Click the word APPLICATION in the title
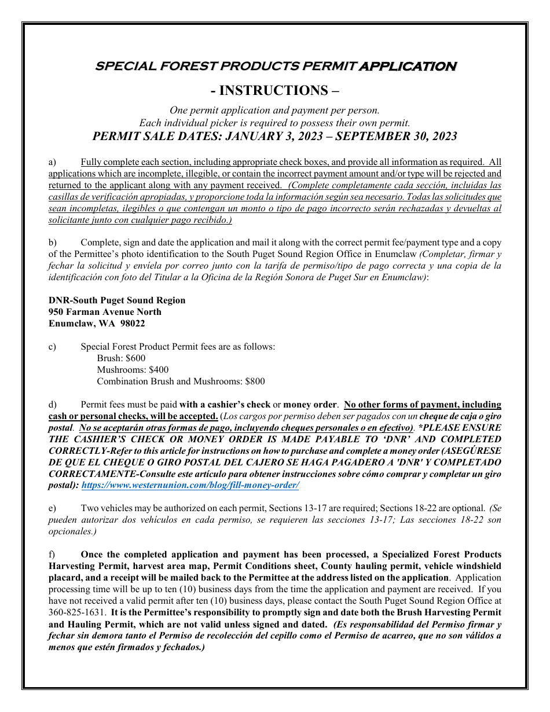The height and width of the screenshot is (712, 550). [408, 66]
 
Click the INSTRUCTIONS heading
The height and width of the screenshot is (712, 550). [275, 90]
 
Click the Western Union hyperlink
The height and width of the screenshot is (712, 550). [190, 486]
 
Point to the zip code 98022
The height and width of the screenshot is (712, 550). [133, 324]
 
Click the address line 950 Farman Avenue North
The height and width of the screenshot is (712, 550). [105, 312]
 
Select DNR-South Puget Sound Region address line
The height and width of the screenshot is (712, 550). [117, 300]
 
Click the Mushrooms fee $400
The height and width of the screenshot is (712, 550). [159, 370]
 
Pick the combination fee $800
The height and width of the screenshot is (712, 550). [255, 381]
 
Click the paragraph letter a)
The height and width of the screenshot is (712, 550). [52, 162]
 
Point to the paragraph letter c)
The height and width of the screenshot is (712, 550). [52, 347]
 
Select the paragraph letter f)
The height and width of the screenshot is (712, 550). [52, 555]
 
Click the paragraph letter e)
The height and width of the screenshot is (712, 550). [52, 508]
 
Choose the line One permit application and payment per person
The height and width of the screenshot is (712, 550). [274, 111]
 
